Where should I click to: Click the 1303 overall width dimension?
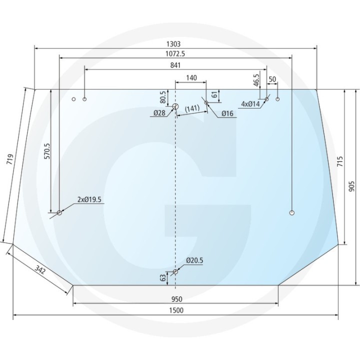pyautogui.click(x=174, y=43)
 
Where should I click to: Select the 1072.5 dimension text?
pyautogui.click(x=175, y=53)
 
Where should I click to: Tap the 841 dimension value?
pyautogui.click(x=175, y=65)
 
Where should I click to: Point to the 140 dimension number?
pyautogui.click(x=191, y=78)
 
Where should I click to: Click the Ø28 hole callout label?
pyautogui.click(x=159, y=113)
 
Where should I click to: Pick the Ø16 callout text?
pyautogui.click(x=227, y=113)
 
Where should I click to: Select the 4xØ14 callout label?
pyautogui.click(x=250, y=104)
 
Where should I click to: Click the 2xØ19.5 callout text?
pyautogui.click(x=89, y=199)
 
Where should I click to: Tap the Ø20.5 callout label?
pyautogui.click(x=194, y=260)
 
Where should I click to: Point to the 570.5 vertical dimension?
pyautogui.click(x=47, y=151)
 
